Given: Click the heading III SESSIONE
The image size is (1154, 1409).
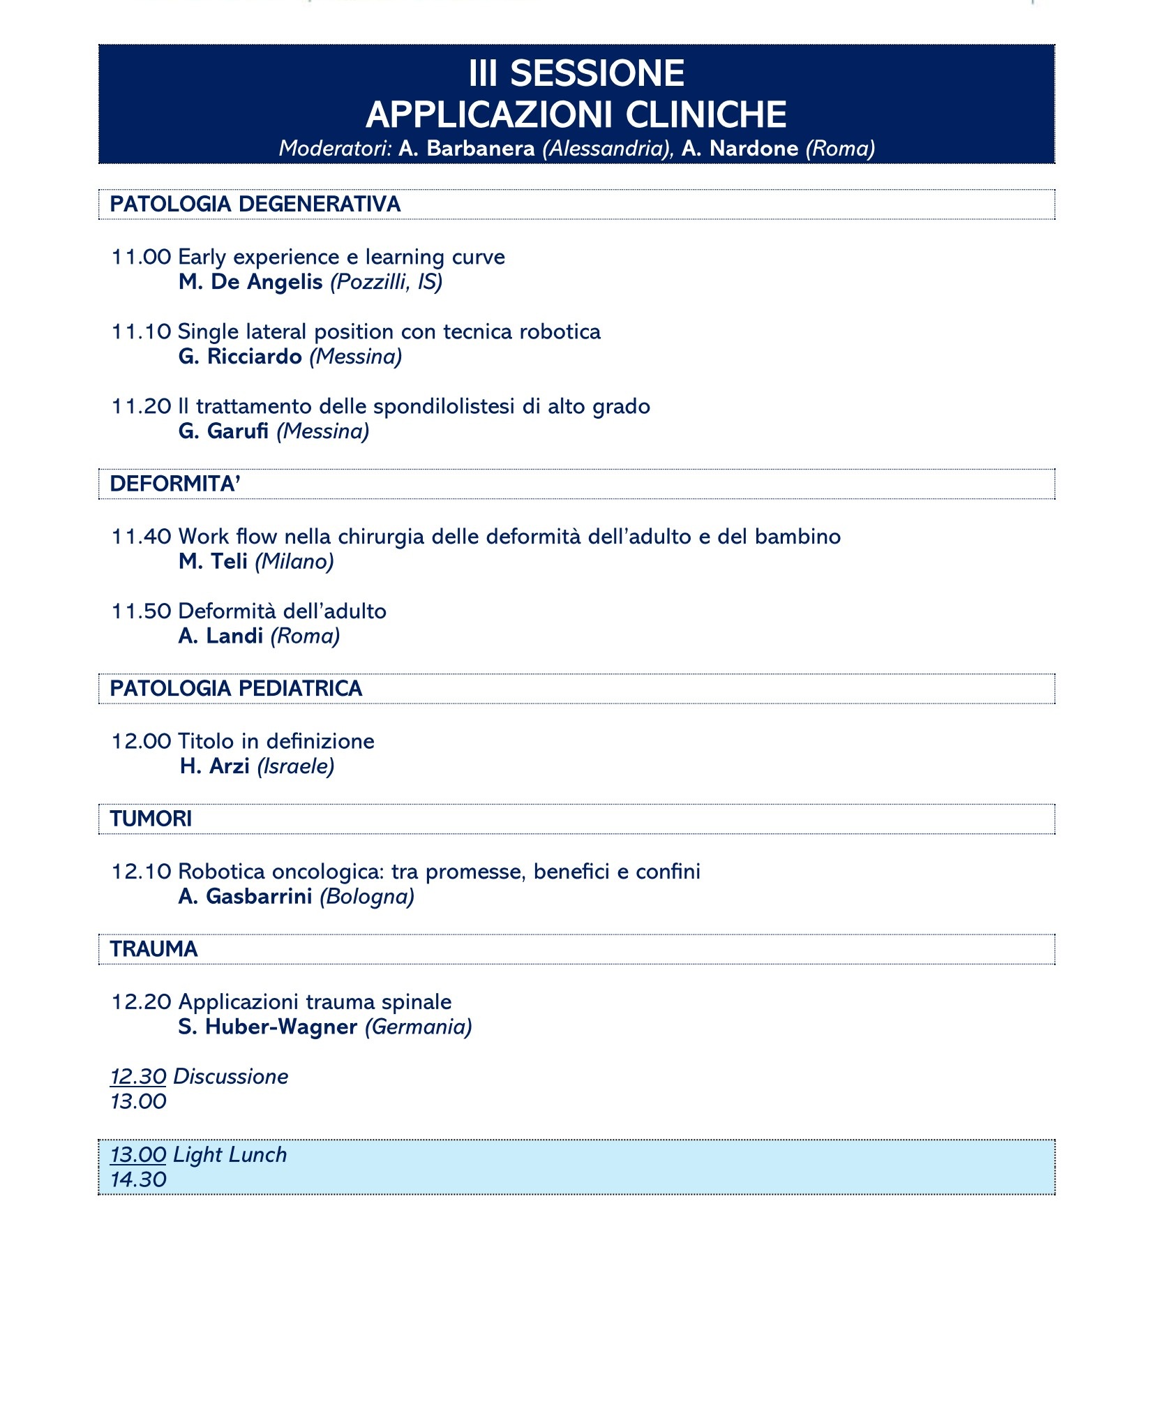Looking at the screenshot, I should (x=576, y=73).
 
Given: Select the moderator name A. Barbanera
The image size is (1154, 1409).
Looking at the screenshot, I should (x=466, y=149).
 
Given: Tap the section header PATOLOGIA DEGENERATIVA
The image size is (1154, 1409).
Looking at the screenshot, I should (x=255, y=204).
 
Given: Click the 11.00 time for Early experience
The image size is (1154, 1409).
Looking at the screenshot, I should (x=141, y=257).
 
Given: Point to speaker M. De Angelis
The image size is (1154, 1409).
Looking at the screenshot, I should (x=250, y=282).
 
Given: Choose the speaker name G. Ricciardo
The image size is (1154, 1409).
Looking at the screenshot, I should (x=240, y=357).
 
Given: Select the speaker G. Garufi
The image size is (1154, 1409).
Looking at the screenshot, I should (x=223, y=431).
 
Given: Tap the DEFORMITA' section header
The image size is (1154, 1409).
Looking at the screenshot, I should (x=175, y=484).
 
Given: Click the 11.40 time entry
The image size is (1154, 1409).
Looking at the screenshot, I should (x=141, y=537).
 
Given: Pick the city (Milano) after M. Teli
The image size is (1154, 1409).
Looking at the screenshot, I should (x=294, y=562).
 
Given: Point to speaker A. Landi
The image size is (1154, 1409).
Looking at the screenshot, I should (x=220, y=636).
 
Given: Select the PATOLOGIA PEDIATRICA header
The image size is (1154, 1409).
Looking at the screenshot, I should (x=236, y=689).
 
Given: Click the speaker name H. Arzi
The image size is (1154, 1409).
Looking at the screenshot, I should (x=214, y=766).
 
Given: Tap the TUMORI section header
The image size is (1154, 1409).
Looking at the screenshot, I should (x=151, y=819).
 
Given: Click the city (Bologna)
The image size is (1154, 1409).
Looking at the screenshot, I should (x=367, y=897).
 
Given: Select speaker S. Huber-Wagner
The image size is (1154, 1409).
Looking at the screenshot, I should (x=268, y=1027).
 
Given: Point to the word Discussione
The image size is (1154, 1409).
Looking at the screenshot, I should (x=230, y=1077).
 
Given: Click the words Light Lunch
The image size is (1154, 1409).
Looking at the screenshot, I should (x=230, y=1155).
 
